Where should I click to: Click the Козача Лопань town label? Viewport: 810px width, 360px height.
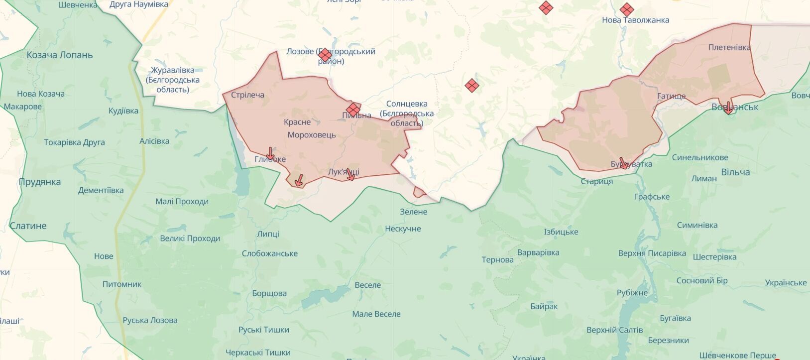60,55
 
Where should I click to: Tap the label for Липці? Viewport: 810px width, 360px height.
268,234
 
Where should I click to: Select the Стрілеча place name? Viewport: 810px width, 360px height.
247,95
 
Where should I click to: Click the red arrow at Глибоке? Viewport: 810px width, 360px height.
270,154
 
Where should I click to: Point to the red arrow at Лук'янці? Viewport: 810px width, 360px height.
350,174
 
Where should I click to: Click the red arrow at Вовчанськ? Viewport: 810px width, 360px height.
728,108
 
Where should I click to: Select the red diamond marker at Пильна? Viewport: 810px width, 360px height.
353,109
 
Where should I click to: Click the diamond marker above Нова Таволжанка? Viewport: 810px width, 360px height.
627,9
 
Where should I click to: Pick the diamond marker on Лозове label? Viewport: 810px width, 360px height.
325,55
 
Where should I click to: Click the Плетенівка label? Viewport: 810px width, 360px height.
729,47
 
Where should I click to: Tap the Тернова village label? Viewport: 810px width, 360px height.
497,260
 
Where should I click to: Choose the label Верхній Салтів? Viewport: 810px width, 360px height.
614,330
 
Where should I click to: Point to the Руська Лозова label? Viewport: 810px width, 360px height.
150,320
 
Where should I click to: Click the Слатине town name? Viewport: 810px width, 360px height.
28,226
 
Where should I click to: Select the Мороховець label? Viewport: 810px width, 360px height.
312,135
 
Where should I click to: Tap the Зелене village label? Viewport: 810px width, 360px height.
413,212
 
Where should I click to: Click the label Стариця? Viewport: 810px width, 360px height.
596,182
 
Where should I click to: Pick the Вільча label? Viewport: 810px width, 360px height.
735,172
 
